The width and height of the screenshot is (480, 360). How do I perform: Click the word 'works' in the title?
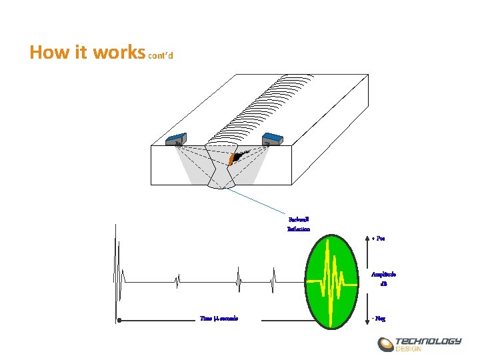(120, 52)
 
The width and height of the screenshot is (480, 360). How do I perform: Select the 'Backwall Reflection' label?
(298, 223)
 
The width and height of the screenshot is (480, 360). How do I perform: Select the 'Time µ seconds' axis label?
(219, 318)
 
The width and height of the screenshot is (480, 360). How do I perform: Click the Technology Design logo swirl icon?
(386, 345)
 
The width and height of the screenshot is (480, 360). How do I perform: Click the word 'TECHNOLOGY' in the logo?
(428, 341)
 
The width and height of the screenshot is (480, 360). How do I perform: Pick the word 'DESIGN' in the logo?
(409, 349)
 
